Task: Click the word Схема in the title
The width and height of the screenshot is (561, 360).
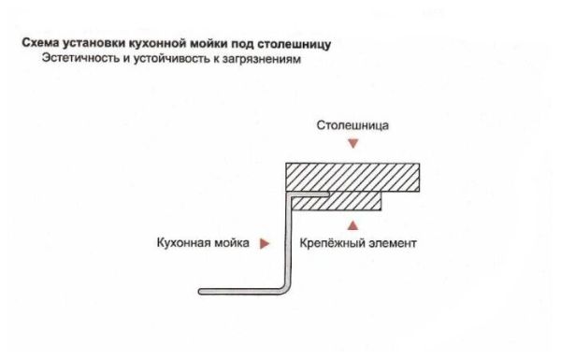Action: (x=39, y=44)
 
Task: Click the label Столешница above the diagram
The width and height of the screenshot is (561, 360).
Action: (x=352, y=124)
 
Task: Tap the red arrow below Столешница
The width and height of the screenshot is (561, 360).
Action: (x=352, y=144)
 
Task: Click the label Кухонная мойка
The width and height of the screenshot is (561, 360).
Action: (x=203, y=243)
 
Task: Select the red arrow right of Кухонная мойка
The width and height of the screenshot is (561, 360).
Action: (x=266, y=243)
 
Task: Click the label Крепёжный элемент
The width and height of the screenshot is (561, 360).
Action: (x=358, y=243)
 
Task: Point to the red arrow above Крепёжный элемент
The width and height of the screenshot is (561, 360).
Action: (x=352, y=224)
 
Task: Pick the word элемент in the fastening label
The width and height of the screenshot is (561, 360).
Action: (x=391, y=243)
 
